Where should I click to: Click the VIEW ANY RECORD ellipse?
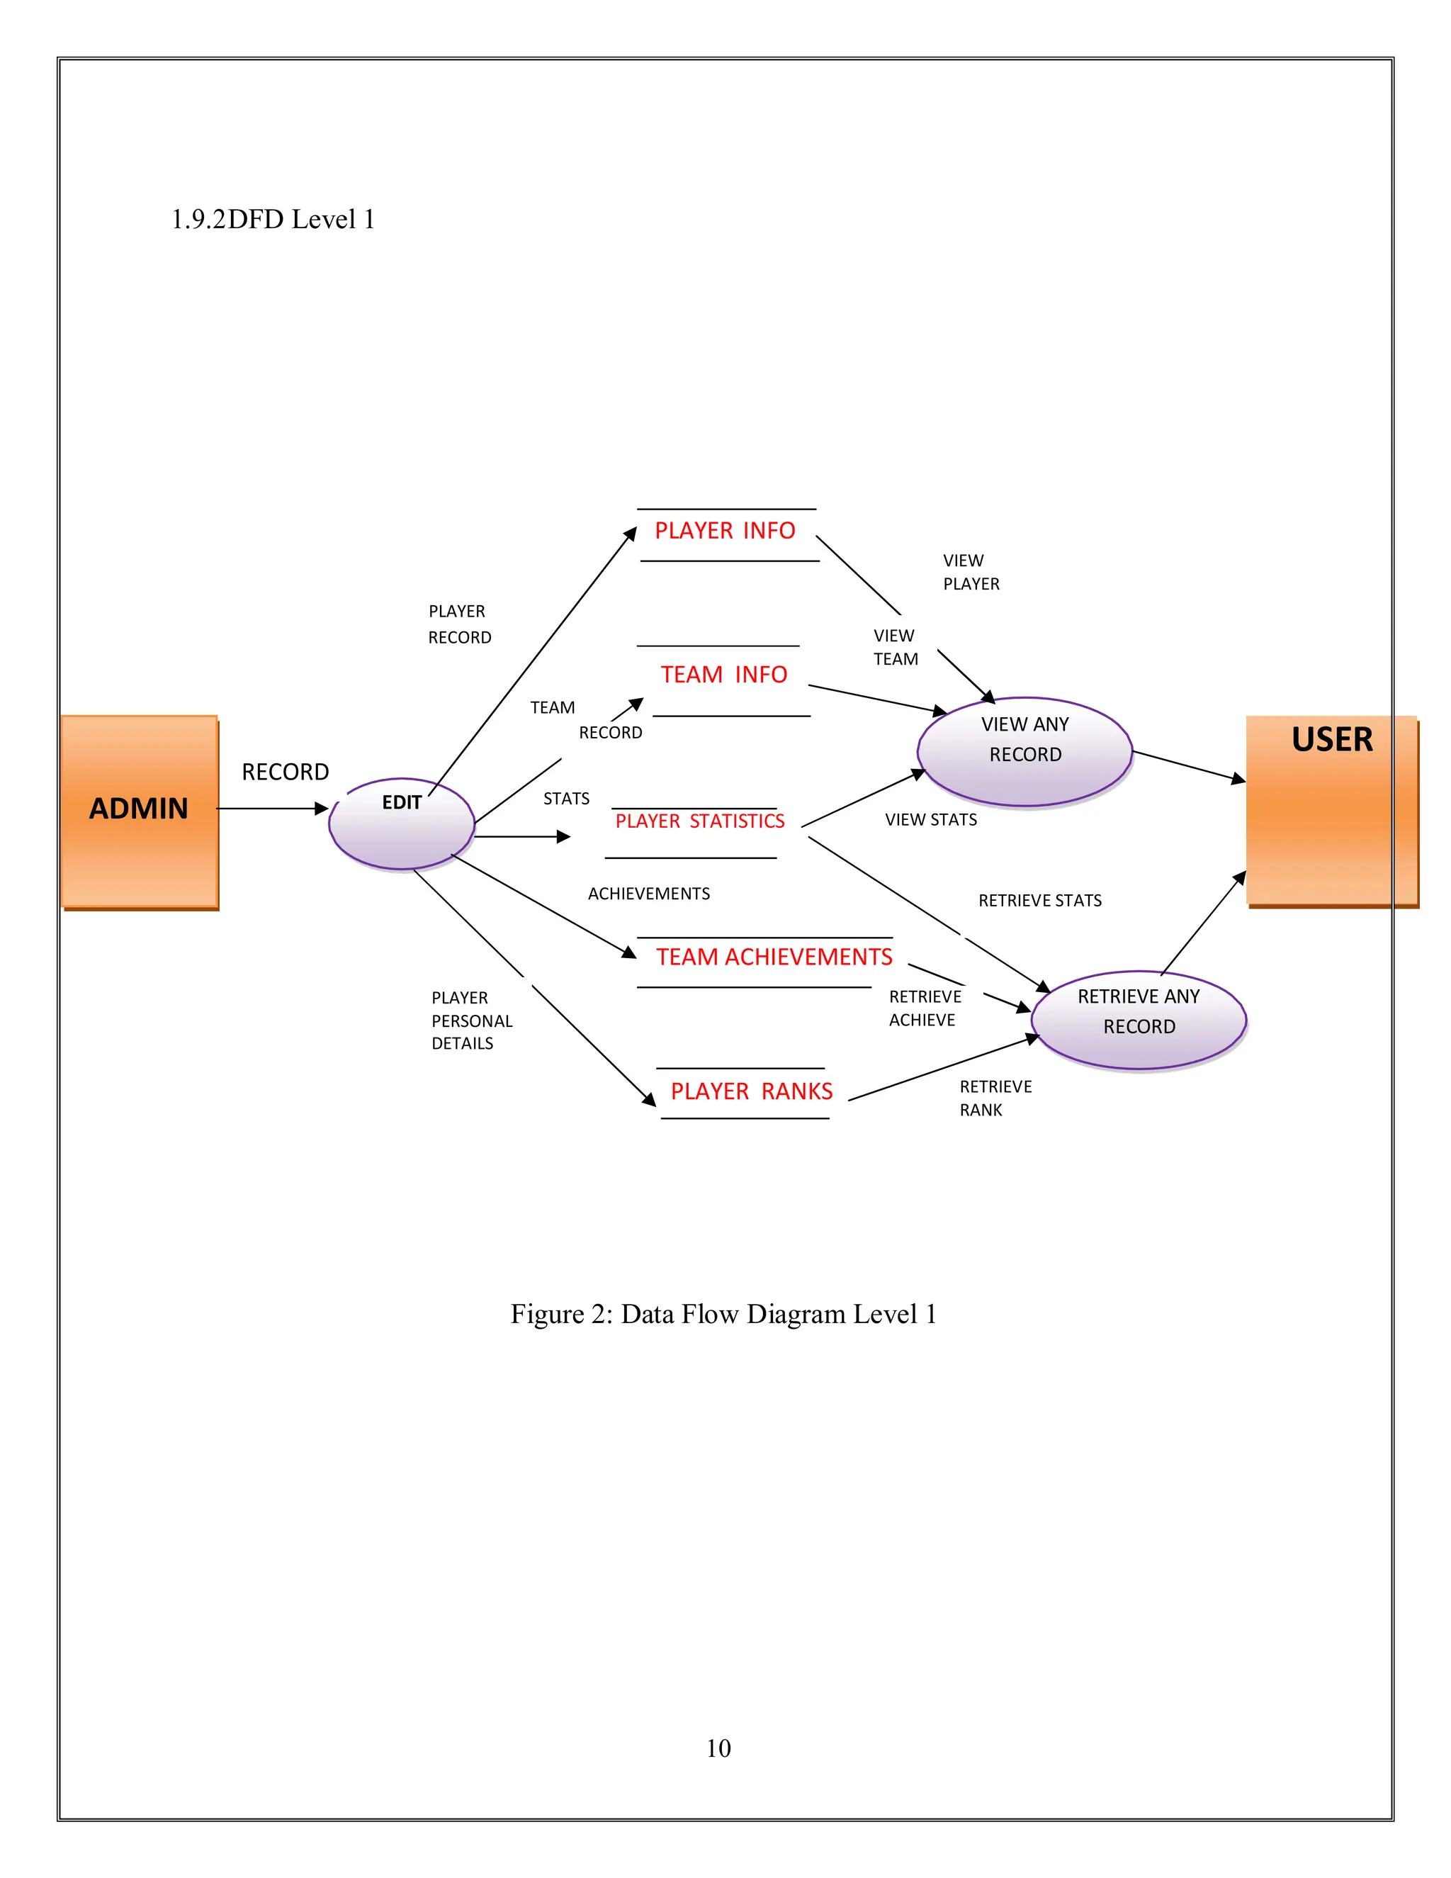pyautogui.click(x=1024, y=751)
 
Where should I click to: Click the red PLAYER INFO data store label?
pyautogui.click(x=725, y=531)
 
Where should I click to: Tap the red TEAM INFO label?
pyautogui.click(x=724, y=675)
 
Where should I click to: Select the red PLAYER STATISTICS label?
pyautogui.click(x=700, y=821)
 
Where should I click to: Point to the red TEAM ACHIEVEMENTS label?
pyautogui.click(x=774, y=957)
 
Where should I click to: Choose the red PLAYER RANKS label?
pyautogui.click(x=751, y=1091)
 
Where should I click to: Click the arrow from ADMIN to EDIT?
pyautogui.click(x=271, y=809)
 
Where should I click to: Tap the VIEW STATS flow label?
pyautogui.click(x=931, y=819)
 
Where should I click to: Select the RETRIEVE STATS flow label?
pyautogui.click(x=1039, y=900)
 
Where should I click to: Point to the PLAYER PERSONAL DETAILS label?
pyautogui.click(x=471, y=1020)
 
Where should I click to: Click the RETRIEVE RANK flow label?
pyautogui.click(x=995, y=1098)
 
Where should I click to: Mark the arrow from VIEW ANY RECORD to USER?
pyautogui.click(x=1189, y=766)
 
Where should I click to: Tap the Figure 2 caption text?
pyautogui.click(x=723, y=1314)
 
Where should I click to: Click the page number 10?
pyautogui.click(x=718, y=1748)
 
